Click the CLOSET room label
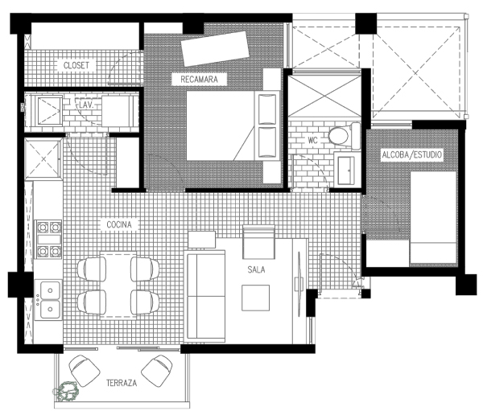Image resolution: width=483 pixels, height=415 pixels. [x=78, y=66]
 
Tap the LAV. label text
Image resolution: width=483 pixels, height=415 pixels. [x=86, y=105]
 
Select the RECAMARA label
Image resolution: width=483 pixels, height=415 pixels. [x=199, y=80]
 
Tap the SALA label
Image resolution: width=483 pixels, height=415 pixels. [x=258, y=270]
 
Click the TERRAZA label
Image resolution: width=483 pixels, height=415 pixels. [x=121, y=384]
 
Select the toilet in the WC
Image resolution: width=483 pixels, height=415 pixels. [x=341, y=135]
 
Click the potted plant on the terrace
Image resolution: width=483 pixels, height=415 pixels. [x=64, y=392]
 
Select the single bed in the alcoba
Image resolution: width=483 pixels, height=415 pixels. [x=433, y=219]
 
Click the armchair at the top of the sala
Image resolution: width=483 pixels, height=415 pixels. [x=258, y=239]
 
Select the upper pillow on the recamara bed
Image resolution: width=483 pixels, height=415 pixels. [x=266, y=109]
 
